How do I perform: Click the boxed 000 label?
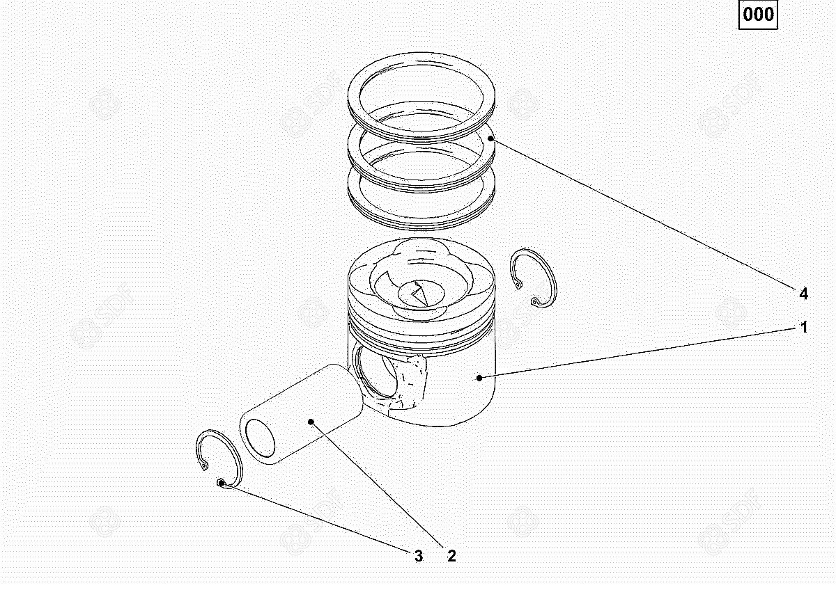[x=758, y=15]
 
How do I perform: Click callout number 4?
[x=803, y=294]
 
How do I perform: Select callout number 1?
[x=804, y=327]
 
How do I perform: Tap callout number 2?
[x=451, y=556]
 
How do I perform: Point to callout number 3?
[x=419, y=556]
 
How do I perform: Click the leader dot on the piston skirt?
[x=479, y=378]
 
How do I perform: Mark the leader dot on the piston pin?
[x=311, y=422]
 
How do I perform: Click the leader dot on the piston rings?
[x=490, y=138]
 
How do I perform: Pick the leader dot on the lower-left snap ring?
[x=221, y=483]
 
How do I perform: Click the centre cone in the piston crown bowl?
[x=421, y=294]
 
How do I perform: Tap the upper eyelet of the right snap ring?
[x=518, y=285]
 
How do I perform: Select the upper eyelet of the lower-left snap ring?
[x=204, y=465]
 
